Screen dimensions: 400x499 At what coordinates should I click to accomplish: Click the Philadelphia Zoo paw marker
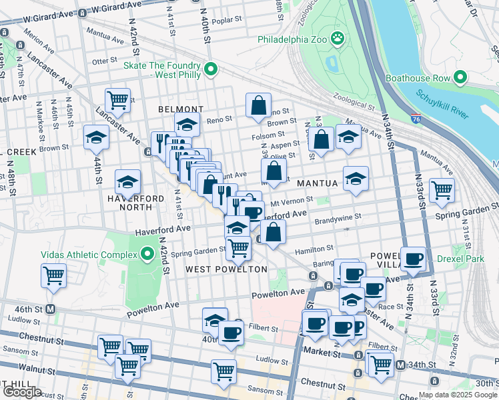(x=338, y=39)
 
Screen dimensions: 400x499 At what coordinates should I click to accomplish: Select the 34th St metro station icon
(x=400, y=365)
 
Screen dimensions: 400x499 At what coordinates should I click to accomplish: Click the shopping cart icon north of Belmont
(x=118, y=100)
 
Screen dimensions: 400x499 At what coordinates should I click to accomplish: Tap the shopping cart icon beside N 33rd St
(x=442, y=189)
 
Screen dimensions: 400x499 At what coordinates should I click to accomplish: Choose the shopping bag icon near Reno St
(x=258, y=104)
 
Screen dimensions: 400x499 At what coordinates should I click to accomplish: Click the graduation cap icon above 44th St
(x=97, y=137)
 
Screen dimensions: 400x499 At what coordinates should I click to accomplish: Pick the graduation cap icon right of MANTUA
(x=356, y=178)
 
